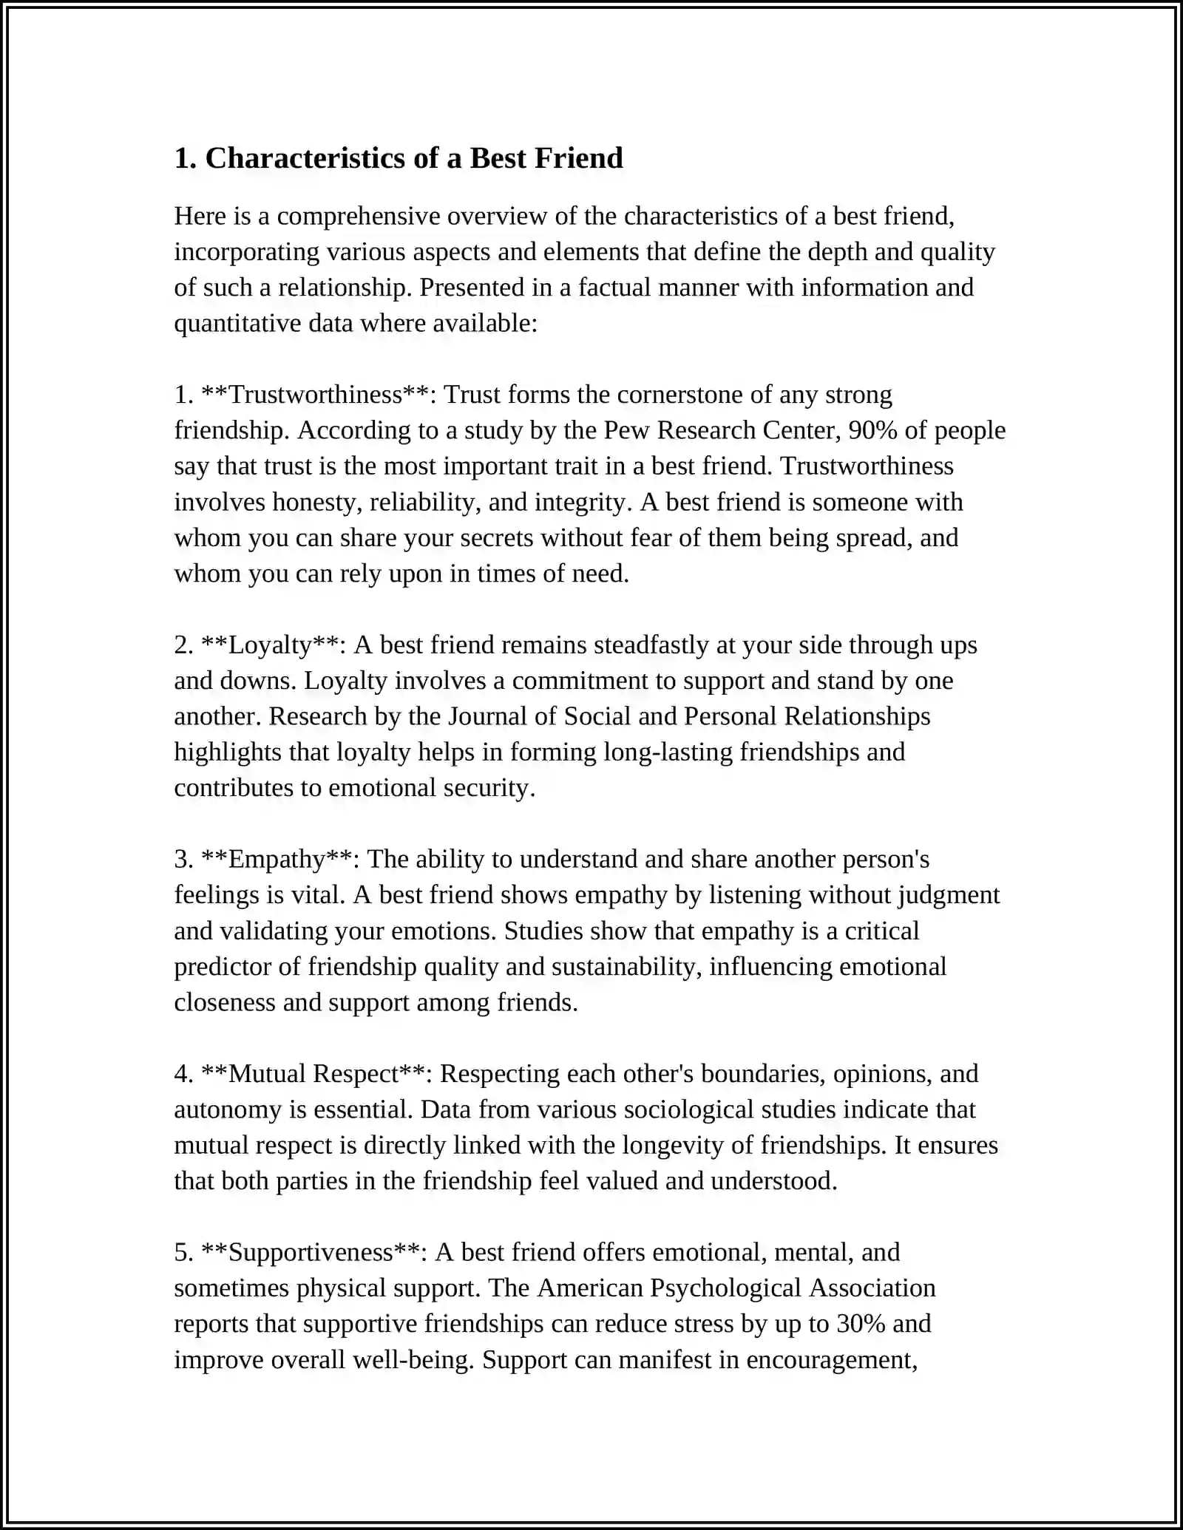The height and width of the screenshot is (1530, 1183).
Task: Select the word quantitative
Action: pyautogui.click(x=237, y=323)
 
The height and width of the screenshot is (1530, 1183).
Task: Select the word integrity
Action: pyautogui.click(x=583, y=502)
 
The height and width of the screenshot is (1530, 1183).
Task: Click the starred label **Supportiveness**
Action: pyautogui.click(x=310, y=1252)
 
